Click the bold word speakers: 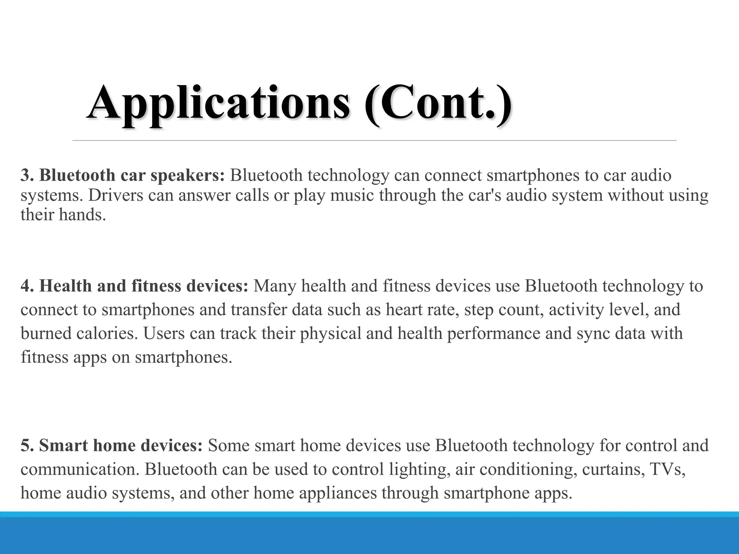(188, 176)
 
